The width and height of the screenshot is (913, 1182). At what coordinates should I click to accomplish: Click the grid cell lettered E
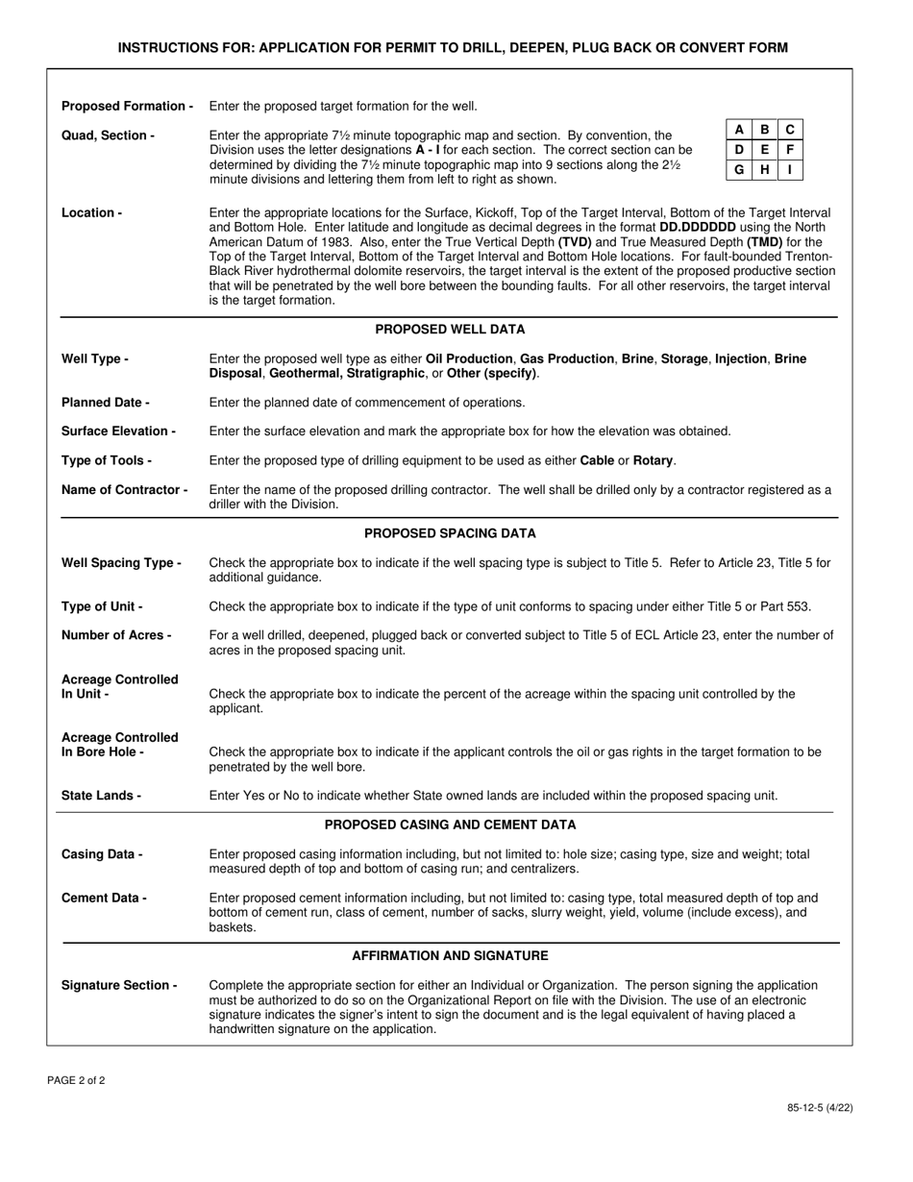pyautogui.click(x=764, y=150)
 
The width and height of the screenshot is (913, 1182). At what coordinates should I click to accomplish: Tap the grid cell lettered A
pyautogui.click(x=738, y=130)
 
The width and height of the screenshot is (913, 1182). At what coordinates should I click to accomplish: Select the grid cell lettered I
pyautogui.click(x=789, y=170)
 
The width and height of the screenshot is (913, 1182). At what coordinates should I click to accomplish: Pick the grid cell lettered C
pyautogui.click(x=789, y=130)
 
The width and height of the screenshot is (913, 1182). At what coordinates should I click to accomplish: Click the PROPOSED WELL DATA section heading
pyautogui.click(x=450, y=330)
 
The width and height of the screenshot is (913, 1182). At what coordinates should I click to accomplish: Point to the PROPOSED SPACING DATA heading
pyautogui.click(x=450, y=533)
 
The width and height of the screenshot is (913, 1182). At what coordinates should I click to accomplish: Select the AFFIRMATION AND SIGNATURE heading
pyautogui.click(x=450, y=956)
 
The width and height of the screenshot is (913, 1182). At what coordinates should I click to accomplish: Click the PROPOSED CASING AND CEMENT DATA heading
pyautogui.click(x=450, y=825)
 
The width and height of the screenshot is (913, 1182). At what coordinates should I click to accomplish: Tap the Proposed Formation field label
pyautogui.click(x=127, y=106)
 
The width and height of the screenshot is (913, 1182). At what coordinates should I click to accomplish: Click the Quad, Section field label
pyautogui.click(x=108, y=135)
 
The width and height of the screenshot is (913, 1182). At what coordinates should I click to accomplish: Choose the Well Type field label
pyautogui.click(x=95, y=358)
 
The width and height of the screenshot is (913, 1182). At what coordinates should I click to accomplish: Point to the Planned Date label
pyautogui.click(x=106, y=402)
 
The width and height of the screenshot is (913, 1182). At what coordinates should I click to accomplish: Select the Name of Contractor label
pyautogui.click(x=125, y=490)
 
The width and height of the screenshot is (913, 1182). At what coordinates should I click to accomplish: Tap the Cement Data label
pyautogui.click(x=104, y=898)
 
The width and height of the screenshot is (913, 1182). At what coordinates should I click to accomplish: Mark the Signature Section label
pyautogui.click(x=119, y=985)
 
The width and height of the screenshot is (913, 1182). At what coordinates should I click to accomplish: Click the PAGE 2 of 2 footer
pyautogui.click(x=76, y=1080)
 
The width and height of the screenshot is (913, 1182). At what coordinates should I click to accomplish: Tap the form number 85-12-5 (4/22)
pyautogui.click(x=820, y=1107)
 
